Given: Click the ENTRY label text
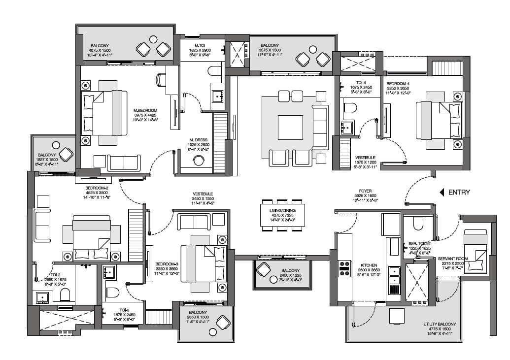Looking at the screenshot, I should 459,193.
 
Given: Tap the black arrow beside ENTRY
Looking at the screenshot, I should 442,193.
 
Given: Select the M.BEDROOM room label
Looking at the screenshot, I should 145,110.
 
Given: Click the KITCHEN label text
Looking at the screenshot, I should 369,265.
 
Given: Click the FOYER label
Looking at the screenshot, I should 366,191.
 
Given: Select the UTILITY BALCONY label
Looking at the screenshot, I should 440,325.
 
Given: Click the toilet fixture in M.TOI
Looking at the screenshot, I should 214,72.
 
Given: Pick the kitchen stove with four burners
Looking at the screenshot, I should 343,269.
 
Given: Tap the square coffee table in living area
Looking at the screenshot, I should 290,127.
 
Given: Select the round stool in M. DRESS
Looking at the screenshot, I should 199,161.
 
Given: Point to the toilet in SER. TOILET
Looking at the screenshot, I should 417,224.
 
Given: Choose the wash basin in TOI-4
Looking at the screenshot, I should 348,127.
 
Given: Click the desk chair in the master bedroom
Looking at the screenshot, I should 161,79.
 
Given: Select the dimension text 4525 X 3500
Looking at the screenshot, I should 92,192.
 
